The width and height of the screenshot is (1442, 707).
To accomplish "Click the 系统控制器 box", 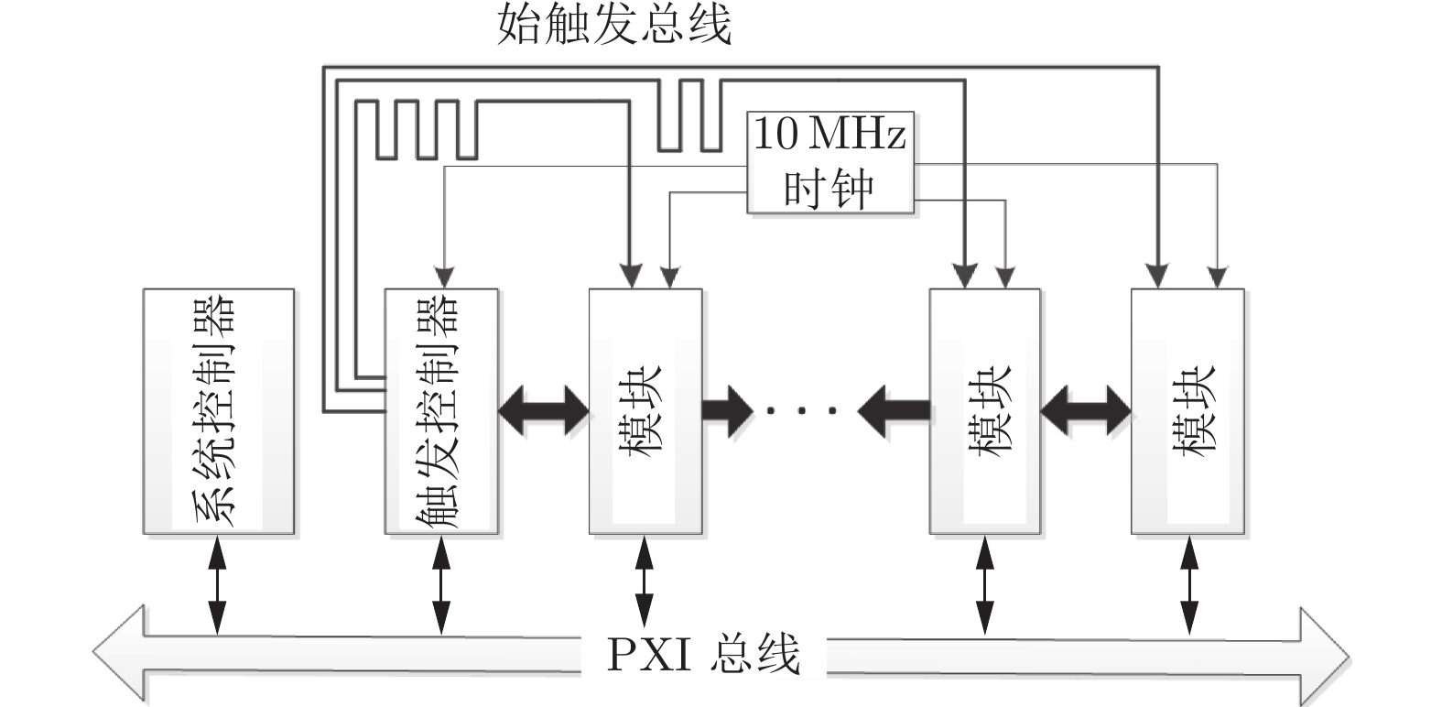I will tap(218, 411).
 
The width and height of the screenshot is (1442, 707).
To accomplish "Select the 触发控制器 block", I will tap(441, 411).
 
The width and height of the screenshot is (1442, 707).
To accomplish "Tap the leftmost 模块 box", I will tap(645, 411).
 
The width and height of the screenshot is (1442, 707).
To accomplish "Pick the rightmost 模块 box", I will tap(1187, 411).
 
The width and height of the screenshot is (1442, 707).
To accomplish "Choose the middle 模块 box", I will tap(985, 411).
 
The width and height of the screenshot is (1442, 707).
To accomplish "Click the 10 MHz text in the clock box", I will tap(829, 135).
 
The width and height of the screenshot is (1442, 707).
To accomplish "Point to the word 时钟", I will tap(829, 188).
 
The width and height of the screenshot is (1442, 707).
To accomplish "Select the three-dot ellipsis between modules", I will tap(802, 411).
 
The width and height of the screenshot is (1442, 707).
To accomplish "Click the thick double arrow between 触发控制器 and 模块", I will tap(544, 409).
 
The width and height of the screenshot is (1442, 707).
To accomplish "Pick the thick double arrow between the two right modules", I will tap(1086, 409).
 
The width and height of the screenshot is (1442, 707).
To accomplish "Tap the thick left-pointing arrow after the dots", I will tap(892, 409).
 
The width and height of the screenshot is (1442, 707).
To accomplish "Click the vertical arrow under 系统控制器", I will tap(218, 584).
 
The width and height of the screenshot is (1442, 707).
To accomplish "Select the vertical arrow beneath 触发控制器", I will tap(441, 584).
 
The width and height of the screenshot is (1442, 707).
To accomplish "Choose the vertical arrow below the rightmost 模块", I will tap(1188, 584).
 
